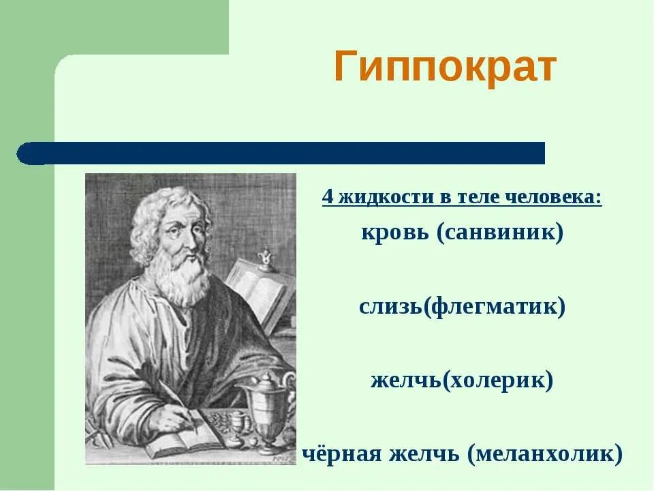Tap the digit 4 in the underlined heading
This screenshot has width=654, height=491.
(328, 198)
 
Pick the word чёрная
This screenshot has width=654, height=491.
(343, 453)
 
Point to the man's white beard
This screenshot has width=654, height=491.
(184, 276)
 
